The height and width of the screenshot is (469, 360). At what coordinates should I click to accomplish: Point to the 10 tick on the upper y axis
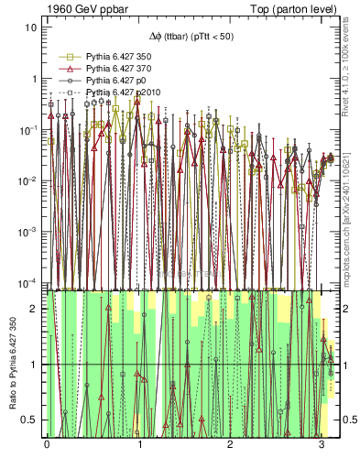pyautogui.click(x=31, y=27)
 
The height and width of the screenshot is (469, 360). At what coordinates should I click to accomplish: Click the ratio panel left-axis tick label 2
pyautogui.click(x=35, y=310)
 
